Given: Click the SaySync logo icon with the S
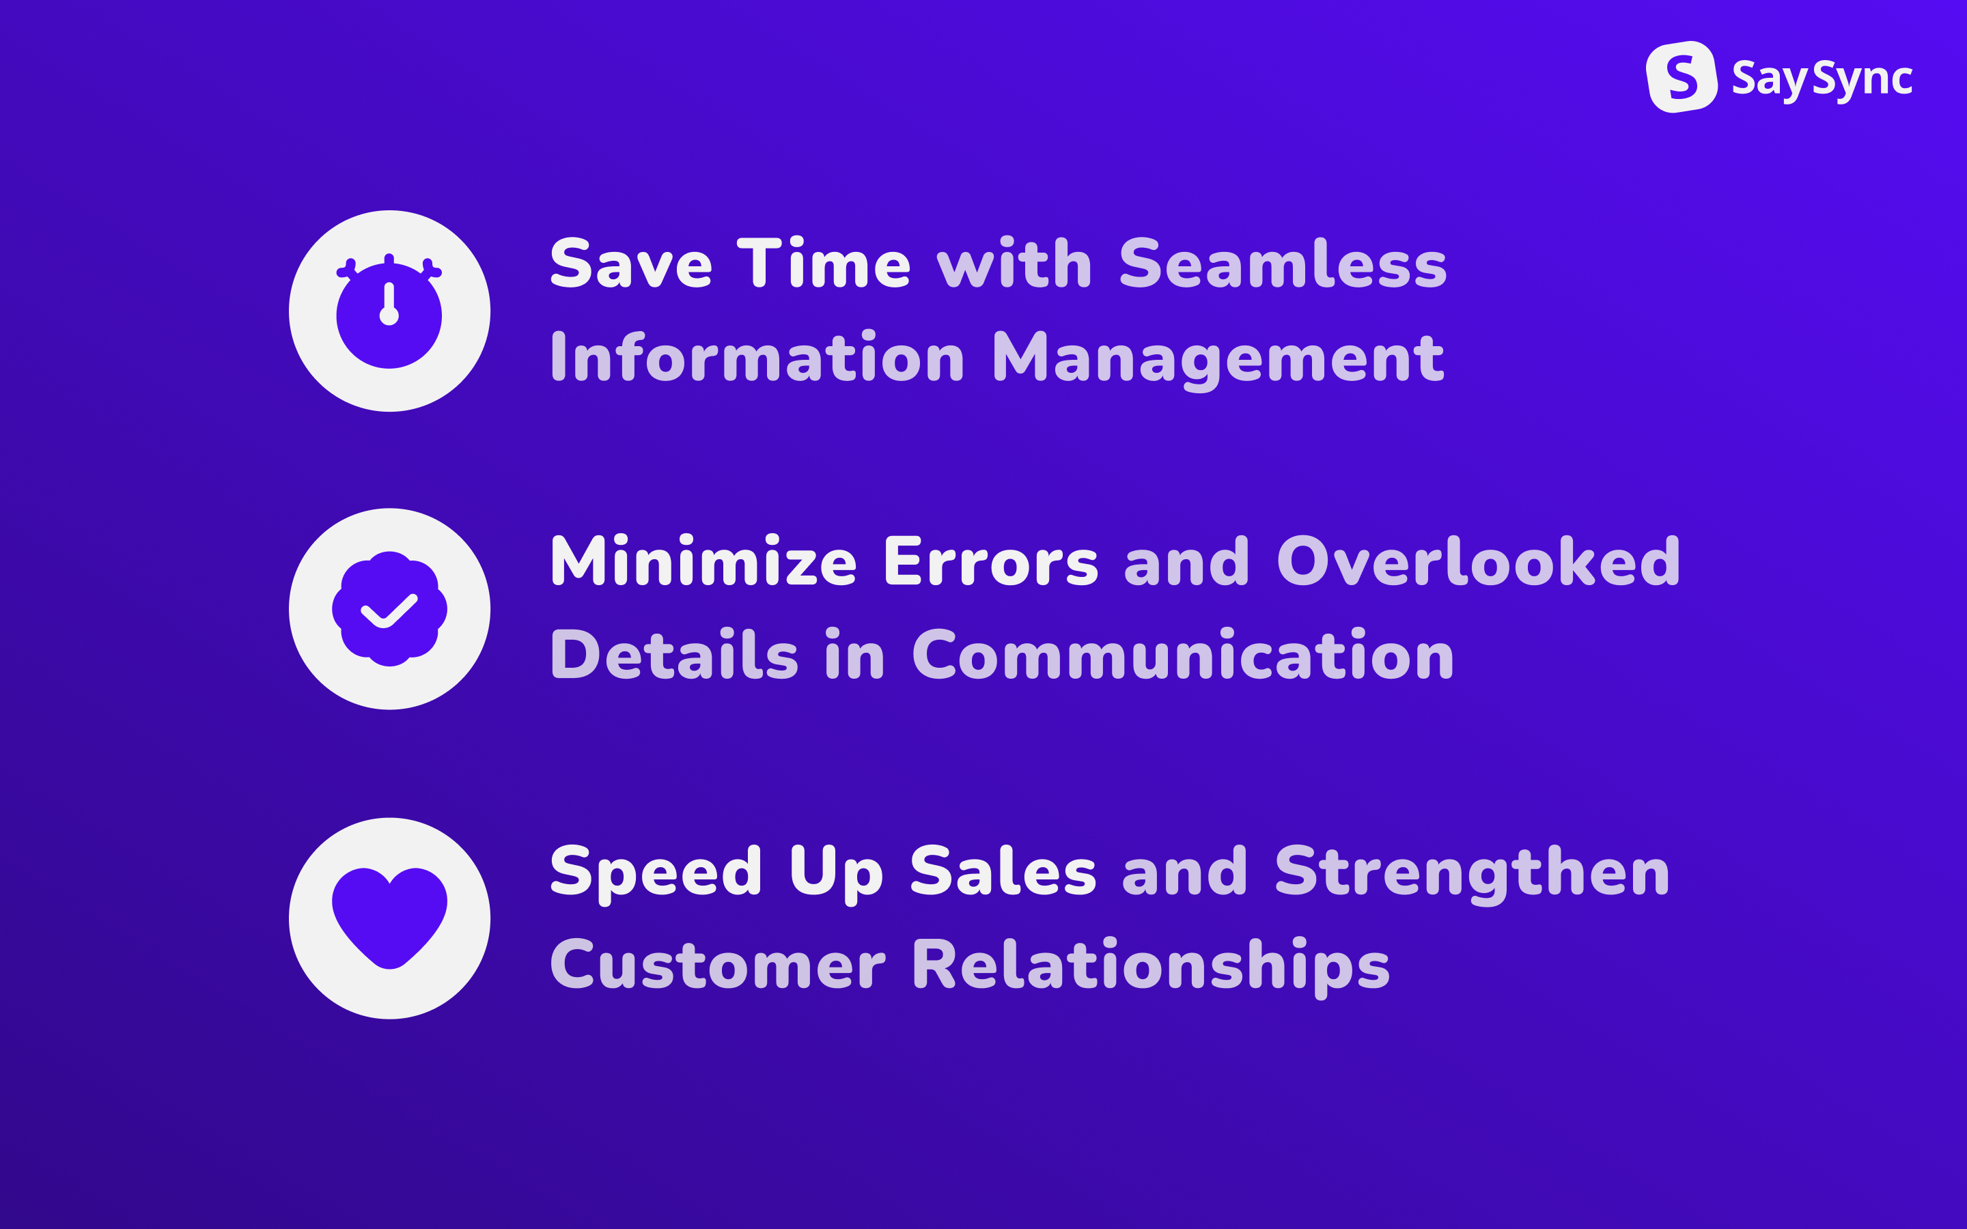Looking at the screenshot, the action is point(1681,77).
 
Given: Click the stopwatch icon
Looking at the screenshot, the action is point(389,311).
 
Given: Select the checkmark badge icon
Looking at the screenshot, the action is point(389,609).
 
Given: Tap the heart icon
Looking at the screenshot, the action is point(389,918).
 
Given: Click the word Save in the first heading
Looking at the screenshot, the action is point(632,264).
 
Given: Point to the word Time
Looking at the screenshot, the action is point(824,264).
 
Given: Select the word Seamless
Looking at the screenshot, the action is point(1283,264).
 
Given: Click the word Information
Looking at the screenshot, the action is point(757,357).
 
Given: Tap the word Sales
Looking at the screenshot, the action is point(1004,871).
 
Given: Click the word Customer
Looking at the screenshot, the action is point(718,964).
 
